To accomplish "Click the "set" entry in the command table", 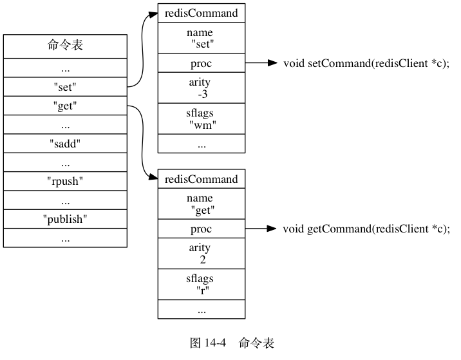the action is coord(65,87).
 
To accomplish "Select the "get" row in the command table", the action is coord(65,106).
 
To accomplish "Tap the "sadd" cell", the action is coord(65,144).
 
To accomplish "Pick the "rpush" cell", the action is coord(65,181).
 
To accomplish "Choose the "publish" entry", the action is coord(65,219).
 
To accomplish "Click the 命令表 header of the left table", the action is coord(65,46).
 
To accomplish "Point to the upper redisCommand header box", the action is coord(202,13).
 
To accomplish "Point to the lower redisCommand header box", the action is coord(202,179).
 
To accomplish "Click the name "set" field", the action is coord(202,38).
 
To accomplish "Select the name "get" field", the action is coord(202,204).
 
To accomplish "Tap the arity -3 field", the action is coord(202,88).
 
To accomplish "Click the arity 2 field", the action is coord(202,254).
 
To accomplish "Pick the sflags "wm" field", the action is coord(202,119).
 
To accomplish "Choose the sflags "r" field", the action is coord(202,285).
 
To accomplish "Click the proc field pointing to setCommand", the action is coord(202,63).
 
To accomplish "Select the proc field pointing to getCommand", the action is coord(202,229).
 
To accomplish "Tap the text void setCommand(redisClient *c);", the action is coord(366,63).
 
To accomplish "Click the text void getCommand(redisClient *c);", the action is coord(366,229).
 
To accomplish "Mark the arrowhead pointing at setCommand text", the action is coord(272,62).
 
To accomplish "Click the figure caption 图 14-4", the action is coord(208,343).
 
